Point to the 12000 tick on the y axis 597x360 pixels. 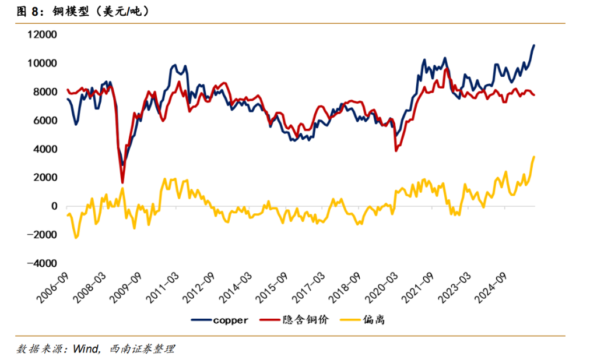pos(44,34)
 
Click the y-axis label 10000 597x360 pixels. pos(44,63)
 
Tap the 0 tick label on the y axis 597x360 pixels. pos(55,206)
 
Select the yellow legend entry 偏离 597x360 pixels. pos(373,320)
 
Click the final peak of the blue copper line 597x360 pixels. pos(534,45)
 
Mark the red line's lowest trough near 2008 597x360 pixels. pos(122,182)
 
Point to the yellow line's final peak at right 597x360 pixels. pos(534,157)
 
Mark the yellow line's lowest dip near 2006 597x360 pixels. pos(76,238)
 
